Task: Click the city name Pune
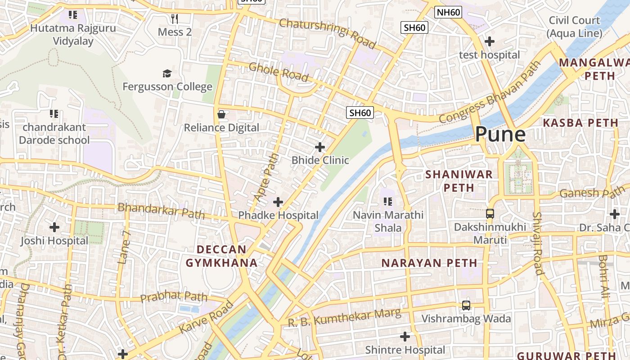[500, 134]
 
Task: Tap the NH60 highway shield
[448, 12]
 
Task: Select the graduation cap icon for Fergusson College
[167, 73]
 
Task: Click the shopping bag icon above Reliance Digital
[221, 114]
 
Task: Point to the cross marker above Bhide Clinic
[320, 147]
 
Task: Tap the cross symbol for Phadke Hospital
[278, 202]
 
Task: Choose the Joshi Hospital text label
[54, 241]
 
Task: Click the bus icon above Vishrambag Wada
[466, 306]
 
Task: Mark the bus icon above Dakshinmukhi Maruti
[490, 214]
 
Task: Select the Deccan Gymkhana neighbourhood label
[222, 256]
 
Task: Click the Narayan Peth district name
[429, 263]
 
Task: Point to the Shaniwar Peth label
[459, 181]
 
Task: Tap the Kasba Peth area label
[580, 123]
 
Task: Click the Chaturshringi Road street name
[327, 33]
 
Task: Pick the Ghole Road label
[279, 72]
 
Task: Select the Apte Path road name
[266, 178]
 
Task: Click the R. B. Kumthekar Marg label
[344, 317]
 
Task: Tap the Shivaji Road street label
[538, 243]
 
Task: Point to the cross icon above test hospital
[489, 41]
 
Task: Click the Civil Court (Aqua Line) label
[574, 27]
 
